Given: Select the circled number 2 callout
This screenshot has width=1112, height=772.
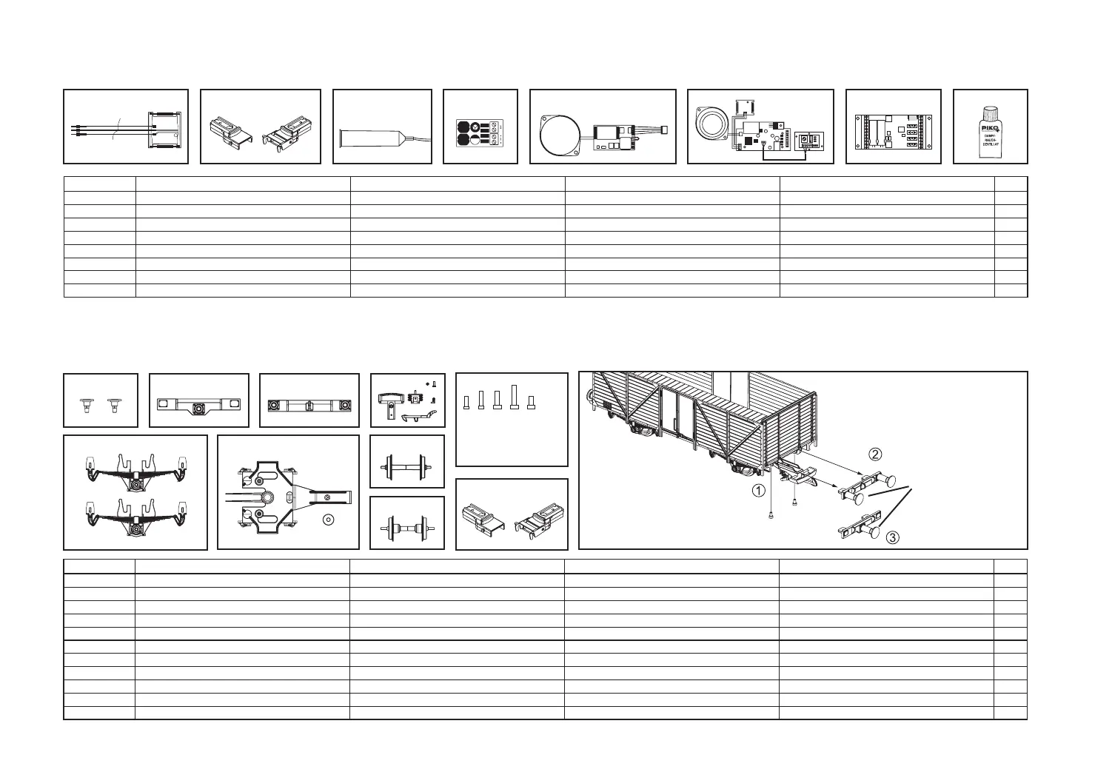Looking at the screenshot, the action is (x=875, y=454).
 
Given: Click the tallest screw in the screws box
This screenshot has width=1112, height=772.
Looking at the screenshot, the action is (x=515, y=396).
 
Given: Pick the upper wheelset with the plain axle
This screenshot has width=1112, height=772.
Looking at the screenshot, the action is (x=406, y=466).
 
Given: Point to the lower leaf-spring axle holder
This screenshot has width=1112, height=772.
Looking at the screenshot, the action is (x=135, y=516).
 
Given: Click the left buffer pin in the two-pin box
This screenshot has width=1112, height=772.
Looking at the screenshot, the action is (x=87, y=406).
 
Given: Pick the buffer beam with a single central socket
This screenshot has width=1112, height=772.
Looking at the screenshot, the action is (x=198, y=406).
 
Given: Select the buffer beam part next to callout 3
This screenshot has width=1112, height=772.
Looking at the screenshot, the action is (x=859, y=528).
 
